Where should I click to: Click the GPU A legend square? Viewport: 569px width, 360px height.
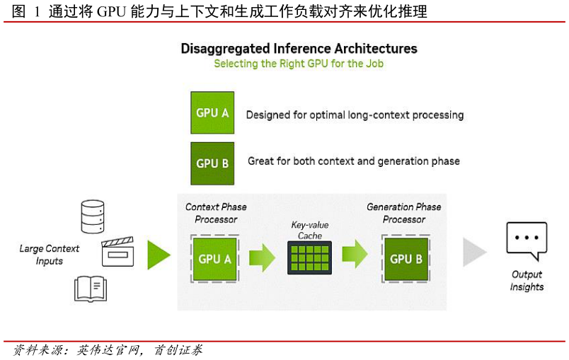212,112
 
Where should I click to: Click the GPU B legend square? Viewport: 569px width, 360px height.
212,163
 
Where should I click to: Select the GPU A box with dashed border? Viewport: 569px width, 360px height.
214,259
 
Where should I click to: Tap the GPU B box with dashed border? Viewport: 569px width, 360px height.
406,259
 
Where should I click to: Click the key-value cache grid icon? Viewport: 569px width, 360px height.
309,257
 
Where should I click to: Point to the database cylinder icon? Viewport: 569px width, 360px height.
93,216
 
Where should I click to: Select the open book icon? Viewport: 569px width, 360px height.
91,289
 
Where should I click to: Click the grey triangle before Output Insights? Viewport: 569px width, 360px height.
474,252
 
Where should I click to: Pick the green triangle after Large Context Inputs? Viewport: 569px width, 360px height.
159,255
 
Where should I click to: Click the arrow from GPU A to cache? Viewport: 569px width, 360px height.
262,257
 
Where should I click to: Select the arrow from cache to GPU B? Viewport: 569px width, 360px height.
355,254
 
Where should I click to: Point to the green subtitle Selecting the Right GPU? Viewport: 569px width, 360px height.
299,64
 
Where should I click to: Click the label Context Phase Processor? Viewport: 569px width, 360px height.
216,213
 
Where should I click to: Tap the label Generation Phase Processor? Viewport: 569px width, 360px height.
404,213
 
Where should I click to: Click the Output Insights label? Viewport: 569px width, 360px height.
527,281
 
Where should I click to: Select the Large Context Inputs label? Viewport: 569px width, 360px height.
50,255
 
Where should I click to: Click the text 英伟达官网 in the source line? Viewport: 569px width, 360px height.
108,350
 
